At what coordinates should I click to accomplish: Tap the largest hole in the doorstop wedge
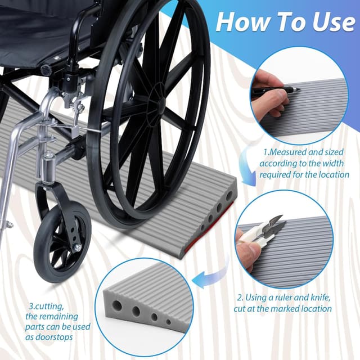pos(117,305)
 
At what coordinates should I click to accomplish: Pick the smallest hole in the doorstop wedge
pos(169,322)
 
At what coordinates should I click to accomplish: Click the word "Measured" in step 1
pos(287,152)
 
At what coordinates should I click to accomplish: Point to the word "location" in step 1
pos(334,174)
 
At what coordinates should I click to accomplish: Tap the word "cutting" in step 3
pos(48,306)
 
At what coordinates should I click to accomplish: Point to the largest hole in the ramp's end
pos(229,197)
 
